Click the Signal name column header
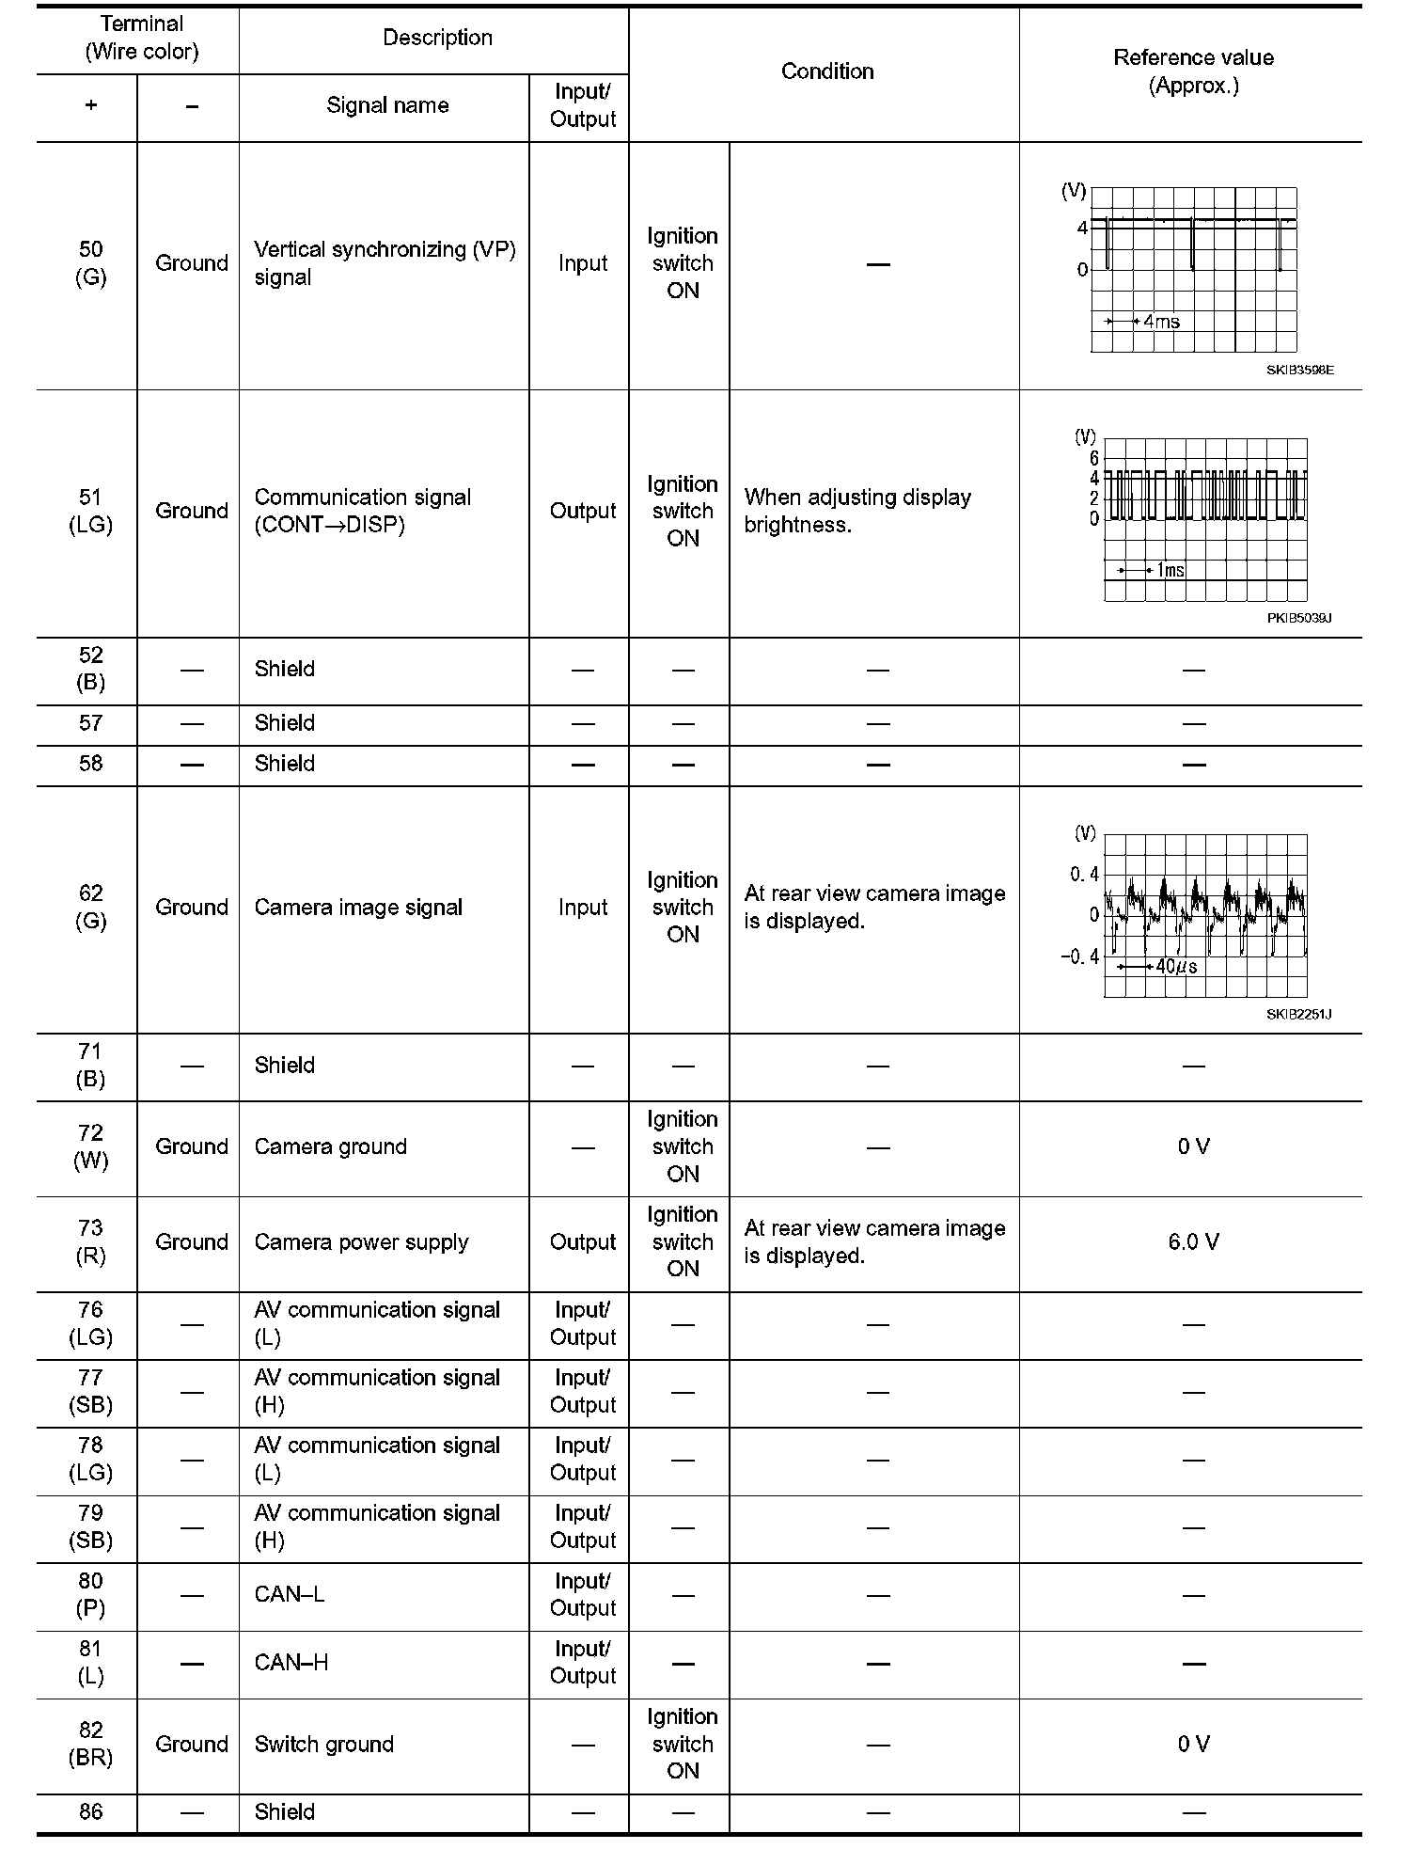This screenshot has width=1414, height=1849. tap(387, 105)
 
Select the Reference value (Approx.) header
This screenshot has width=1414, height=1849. tap(1193, 71)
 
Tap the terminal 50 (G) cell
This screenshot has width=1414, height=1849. tap(90, 263)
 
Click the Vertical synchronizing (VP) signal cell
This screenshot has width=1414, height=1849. tap(385, 263)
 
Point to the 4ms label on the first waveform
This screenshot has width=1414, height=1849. tap(1161, 322)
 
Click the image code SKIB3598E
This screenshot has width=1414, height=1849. tap(1299, 371)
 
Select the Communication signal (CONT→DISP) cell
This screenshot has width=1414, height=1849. tap(363, 511)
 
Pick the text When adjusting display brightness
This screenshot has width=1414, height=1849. tap(857, 511)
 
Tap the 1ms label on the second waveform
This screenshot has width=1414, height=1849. tap(1170, 570)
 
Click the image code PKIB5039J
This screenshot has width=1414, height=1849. tap(1298, 618)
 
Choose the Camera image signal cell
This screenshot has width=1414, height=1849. tap(358, 908)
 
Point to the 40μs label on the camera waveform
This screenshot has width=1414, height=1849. tap(1176, 967)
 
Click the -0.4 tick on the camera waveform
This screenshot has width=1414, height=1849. tap(1079, 956)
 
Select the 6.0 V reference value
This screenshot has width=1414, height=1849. tap(1193, 1242)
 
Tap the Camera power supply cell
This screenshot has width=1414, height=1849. tap(361, 1242)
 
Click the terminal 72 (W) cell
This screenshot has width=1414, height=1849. tap(90, 1146)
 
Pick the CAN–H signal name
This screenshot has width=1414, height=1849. tap(291, 1663)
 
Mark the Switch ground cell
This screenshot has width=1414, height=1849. tap(324, 1745)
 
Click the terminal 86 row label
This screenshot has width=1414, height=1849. tap(90, 1812)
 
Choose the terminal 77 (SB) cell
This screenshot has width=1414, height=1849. tap(90, 1391)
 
